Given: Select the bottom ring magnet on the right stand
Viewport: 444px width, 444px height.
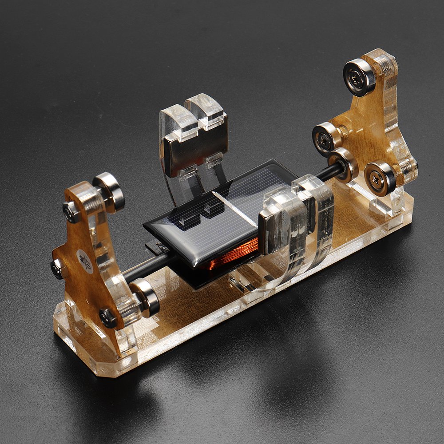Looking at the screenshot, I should [x=380, y=178].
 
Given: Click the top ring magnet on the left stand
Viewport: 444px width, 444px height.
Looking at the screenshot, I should [x=109, y=191].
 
